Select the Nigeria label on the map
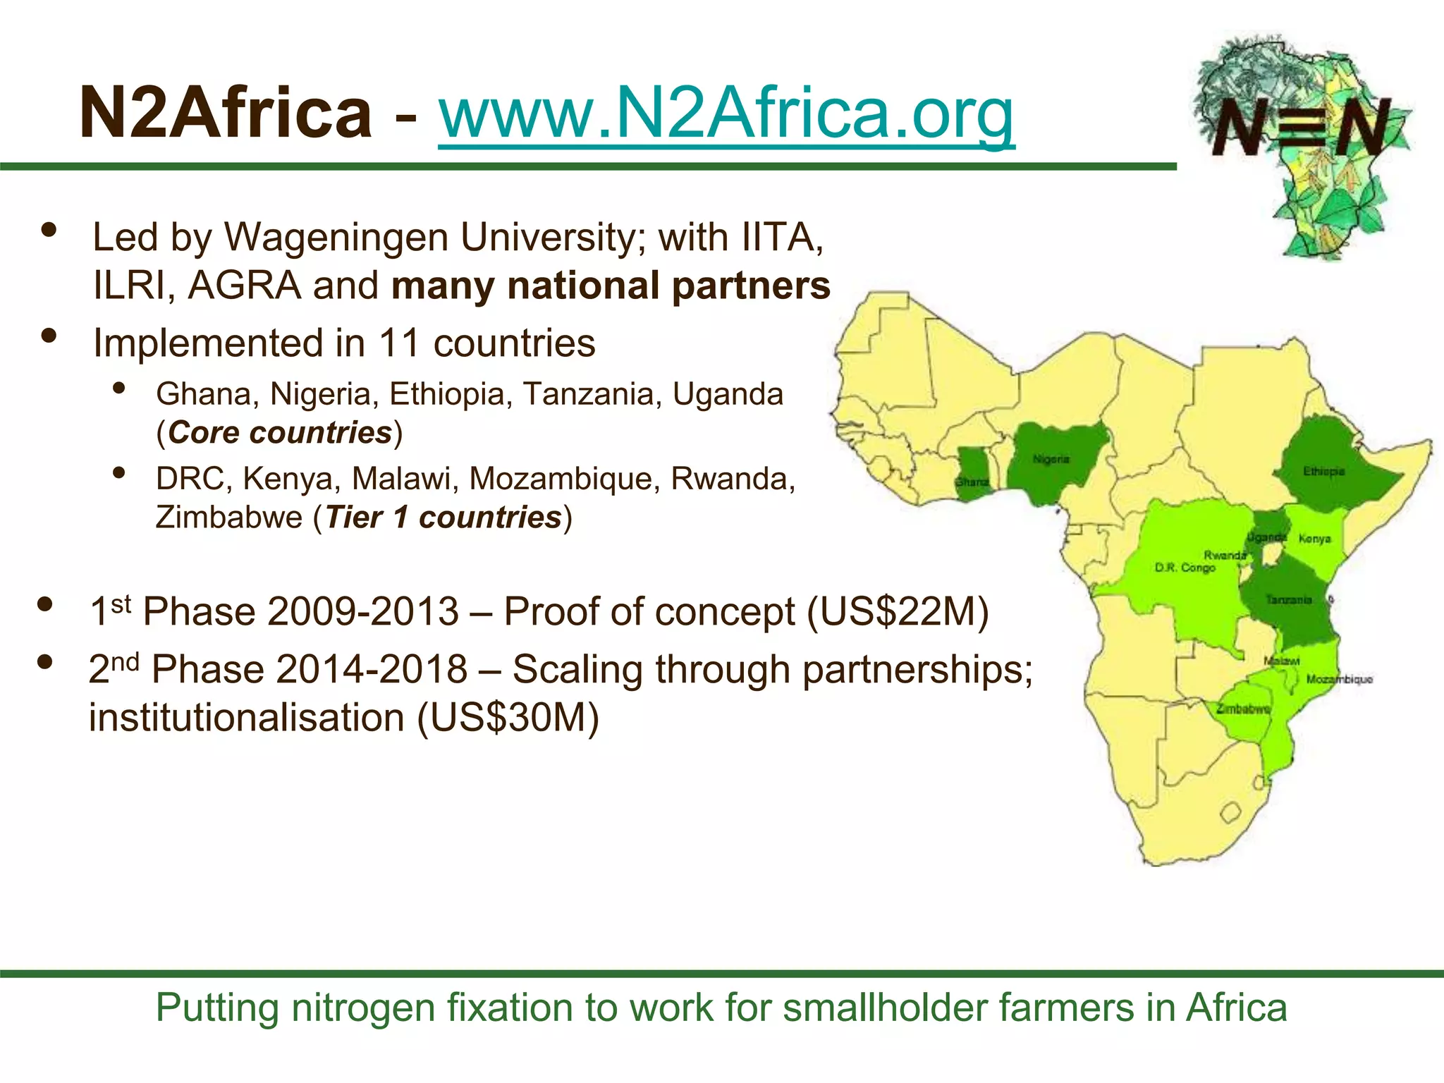click(x=1051, y=460)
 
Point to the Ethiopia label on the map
click(x=1323, y=471)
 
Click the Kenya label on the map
click(x=1314, y=539)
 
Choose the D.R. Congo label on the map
click(x=1185, y=568)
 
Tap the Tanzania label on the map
click(x=1288, y=600)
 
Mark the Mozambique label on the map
click(x=1339, y=679)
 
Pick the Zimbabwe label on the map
click(x=1243, y=709)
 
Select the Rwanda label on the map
click(x=1225, y=555)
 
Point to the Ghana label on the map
click(x=972, y=482)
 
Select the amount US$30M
click(x=508, y=718)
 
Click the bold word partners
click(x=751, y=286)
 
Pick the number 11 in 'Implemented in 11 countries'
click(x=400, y=343)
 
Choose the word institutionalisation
click(x=247, y=718)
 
